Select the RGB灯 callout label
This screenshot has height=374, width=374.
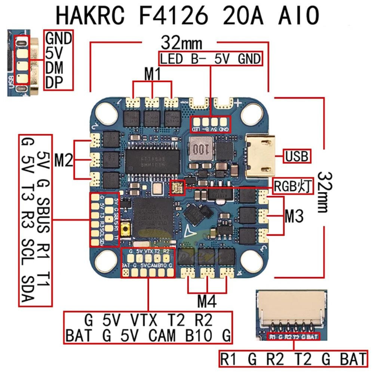click(292, 186)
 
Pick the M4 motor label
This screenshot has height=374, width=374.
click(207, 300)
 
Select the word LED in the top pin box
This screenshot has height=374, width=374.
click(170, 59)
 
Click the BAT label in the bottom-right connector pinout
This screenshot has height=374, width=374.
click(352, 360)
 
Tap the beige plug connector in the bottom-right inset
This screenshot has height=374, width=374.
click(291, 306)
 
